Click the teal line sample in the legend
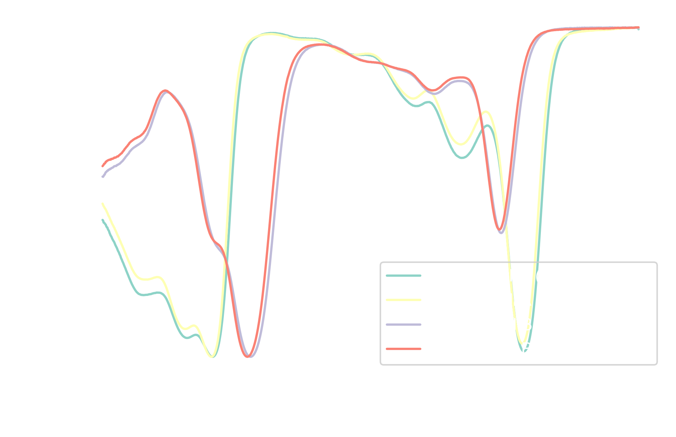tap(404, 276)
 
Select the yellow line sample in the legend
tap(404, 300)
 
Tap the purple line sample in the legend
tap(404, 325)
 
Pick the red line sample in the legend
tap(404, 349)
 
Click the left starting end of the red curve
tap(103, 166)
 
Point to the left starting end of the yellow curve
tap(103, 204)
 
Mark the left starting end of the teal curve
tap(103, 220)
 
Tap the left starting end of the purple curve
tap(103, 177)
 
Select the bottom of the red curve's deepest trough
tap(247, 357)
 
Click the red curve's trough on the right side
tap(500, 230)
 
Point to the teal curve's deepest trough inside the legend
tap(524, 351)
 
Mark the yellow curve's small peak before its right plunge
tap(486, 112)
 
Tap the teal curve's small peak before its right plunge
tap(488, 126)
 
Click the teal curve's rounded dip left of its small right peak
tap(462, 158)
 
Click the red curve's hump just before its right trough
tap(461, 78)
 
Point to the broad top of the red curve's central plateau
tap(320, 45)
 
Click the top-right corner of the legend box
tap(656, 263)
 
